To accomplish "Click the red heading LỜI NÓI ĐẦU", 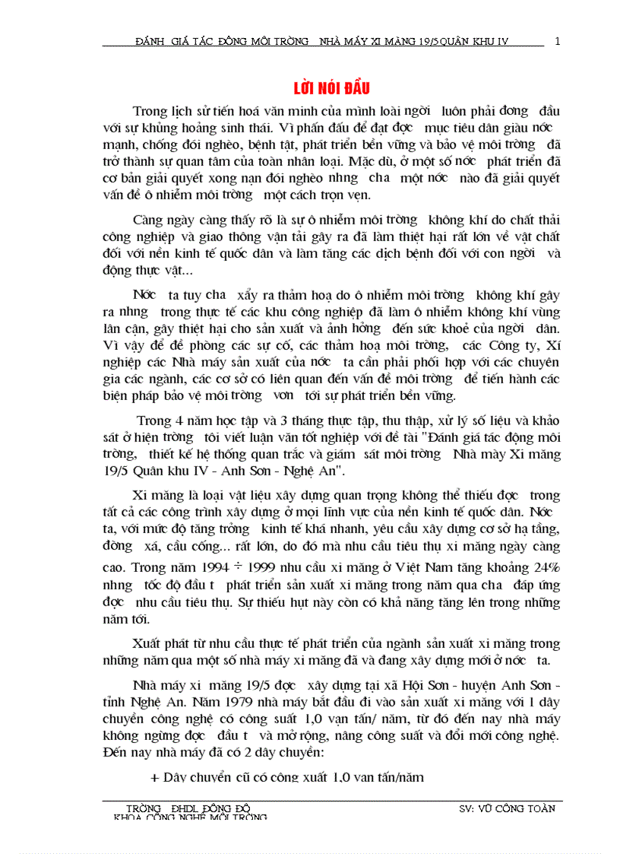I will point(332,87).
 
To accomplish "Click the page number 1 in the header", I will point(557,41).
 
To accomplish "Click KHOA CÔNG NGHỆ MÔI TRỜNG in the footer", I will point(190,817).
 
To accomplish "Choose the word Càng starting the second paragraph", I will point(148,220).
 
